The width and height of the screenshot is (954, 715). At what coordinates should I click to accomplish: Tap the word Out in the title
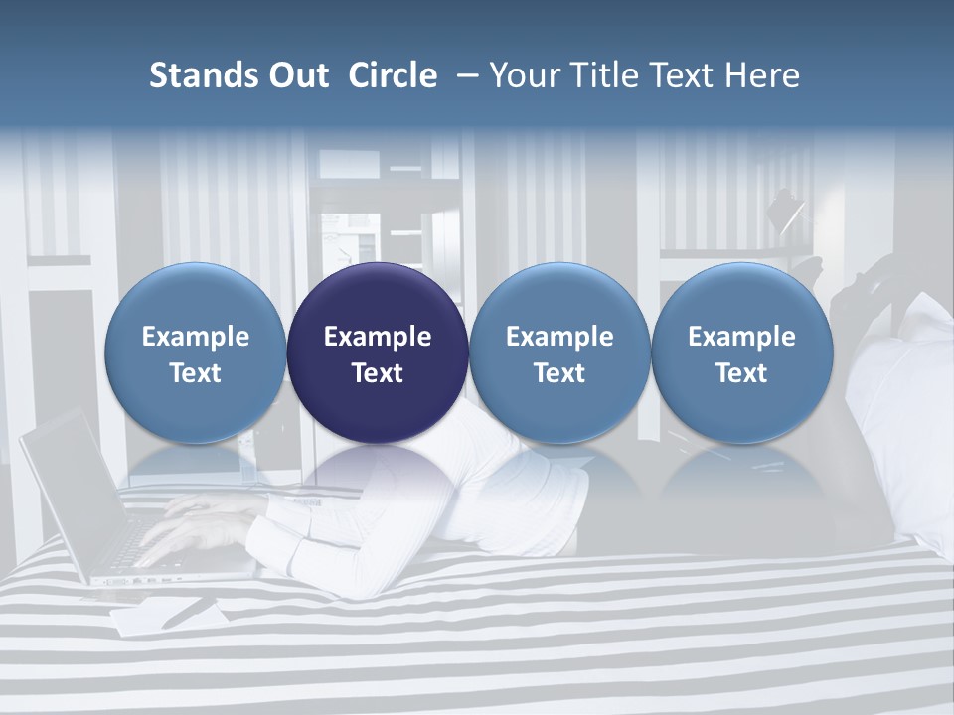(x=296, y=75)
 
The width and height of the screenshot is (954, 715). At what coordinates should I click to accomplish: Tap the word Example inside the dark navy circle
(x=378, y=337)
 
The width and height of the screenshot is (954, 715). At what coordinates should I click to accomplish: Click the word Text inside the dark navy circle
(x=378, y=373)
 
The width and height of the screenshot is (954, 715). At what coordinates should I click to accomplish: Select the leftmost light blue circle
(x=196, y=298)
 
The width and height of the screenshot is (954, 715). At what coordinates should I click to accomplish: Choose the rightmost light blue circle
(x=742, y=298)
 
